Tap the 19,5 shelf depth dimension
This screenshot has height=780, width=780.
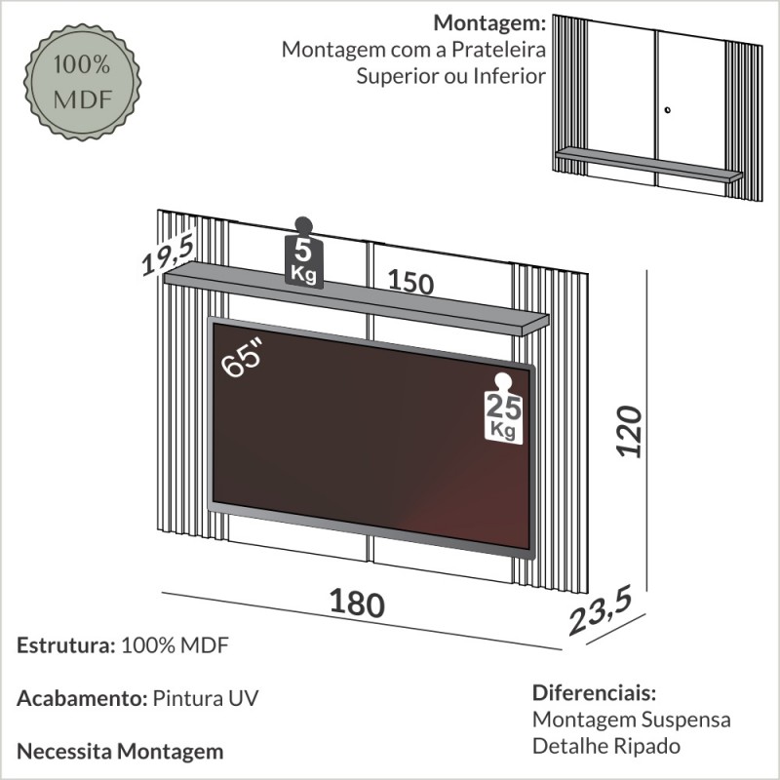tap(167, 251)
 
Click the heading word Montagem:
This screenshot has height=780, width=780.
tap(489, 22)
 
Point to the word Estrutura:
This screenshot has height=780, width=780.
tap(63, 645)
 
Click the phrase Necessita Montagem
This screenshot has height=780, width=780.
tap(120, 751)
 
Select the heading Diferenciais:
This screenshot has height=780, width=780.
tap(594, 693)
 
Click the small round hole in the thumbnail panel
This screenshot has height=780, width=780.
tap(668, 109)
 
